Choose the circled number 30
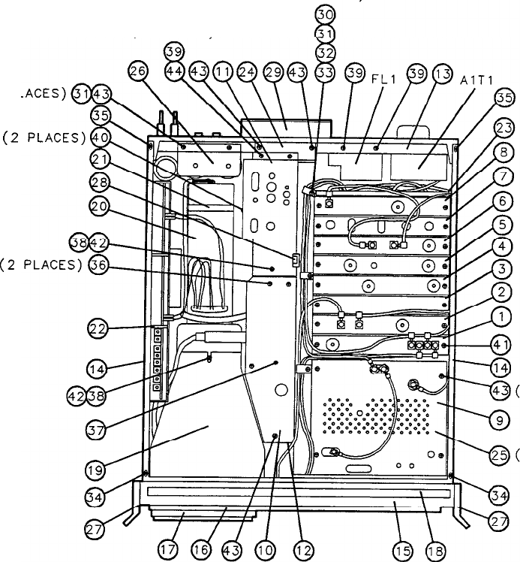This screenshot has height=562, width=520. [324, 14]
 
